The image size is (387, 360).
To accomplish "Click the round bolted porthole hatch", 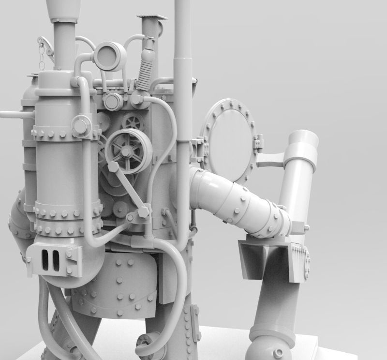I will click(230, 140).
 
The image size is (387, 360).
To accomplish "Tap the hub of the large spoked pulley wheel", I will click(125, 152).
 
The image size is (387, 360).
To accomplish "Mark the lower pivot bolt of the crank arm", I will click(144, 212).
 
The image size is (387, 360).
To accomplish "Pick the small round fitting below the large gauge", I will click(113, 101).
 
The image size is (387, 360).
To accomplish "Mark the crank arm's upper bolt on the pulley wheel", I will click(112, 167).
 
